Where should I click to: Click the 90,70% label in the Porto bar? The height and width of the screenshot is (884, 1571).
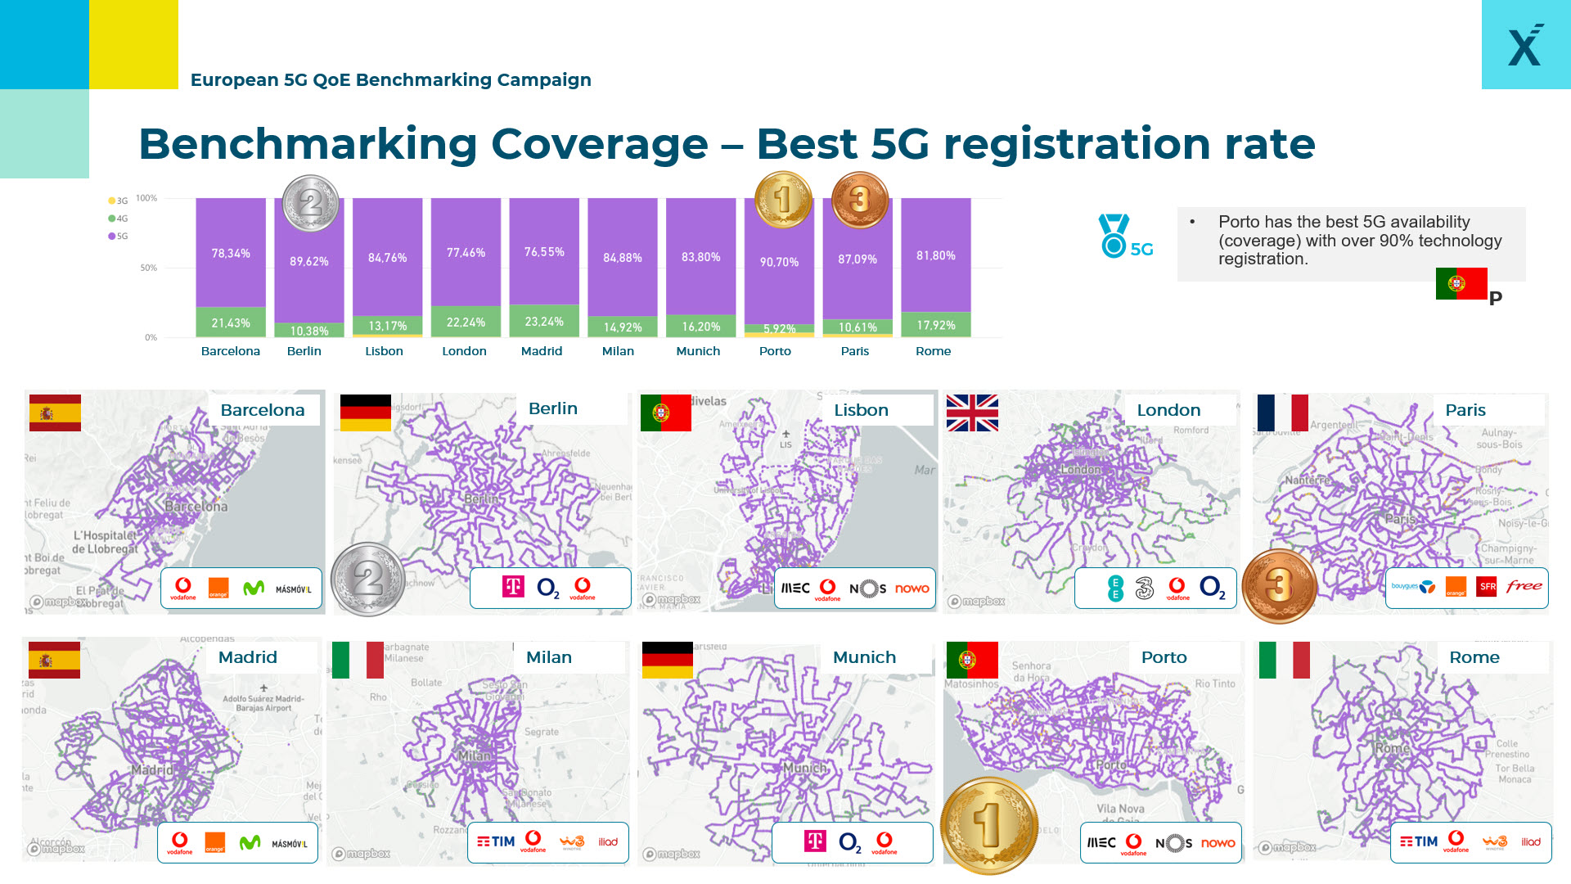[x=779, y=262]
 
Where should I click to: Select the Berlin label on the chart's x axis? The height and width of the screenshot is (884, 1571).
[x=304, y=351]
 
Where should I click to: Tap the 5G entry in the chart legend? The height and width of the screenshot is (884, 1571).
[x=118, y=237]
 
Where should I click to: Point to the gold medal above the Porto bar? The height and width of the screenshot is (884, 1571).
[x=783, y=200]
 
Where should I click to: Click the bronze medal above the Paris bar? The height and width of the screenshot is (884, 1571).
[x=859, y=200]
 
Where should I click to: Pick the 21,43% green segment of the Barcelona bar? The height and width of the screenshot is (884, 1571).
[x=231, y=322]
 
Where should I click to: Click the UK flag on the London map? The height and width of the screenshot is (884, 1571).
[x=972, y=413]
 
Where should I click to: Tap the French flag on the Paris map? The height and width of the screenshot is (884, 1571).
[x=1282, y=413]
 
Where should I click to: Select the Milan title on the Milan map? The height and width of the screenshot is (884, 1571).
[x=549, y=657]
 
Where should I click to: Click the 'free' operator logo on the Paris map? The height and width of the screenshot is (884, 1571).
[x=1524, y=586]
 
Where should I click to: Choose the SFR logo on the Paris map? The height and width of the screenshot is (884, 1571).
[x=1487, y=586]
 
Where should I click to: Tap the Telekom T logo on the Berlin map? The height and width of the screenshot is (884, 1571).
[x=513, y=586]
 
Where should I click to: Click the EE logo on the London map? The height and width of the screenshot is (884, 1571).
[x=1114, y=588]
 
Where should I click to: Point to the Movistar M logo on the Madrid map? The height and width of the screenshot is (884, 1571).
[x=250, y=842]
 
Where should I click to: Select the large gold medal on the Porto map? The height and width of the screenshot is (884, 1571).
[x=988, y=825]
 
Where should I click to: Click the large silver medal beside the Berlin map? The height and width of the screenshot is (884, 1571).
[x=368, y=580]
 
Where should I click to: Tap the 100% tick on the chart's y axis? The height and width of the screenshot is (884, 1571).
[x=146, y=198]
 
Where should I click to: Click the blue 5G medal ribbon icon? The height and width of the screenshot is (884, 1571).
[x=1114, y=236]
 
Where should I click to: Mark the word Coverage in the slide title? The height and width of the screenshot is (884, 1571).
[x=600, y=144]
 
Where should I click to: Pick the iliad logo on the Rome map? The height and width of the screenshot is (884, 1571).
[x=1530, y=841]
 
